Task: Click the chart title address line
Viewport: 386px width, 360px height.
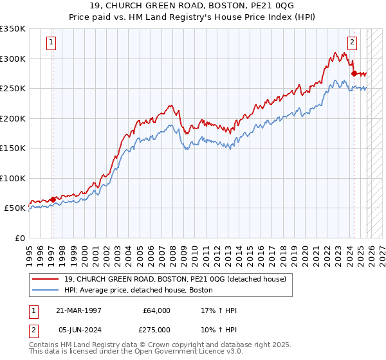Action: pyautogui.click(x=193, y=5)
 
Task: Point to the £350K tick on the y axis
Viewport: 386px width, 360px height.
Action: pyautogui.click(x=13, y=29)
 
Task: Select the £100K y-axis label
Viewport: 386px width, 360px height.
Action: pyautogui.click(x=13, y=178)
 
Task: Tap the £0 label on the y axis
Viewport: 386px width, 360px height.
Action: pyautogui.click(x=19, y=238)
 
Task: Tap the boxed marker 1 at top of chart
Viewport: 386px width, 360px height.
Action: pyautogui.click(x=51, y=43)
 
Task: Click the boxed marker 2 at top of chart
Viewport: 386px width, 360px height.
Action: pyautogui.click(x=353, y=43)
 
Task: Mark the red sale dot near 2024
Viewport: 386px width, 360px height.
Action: pyautogui.click(x=354, y=74)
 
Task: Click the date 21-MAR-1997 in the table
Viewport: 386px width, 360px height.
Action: pyautogui.click(x=79, y=310)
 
